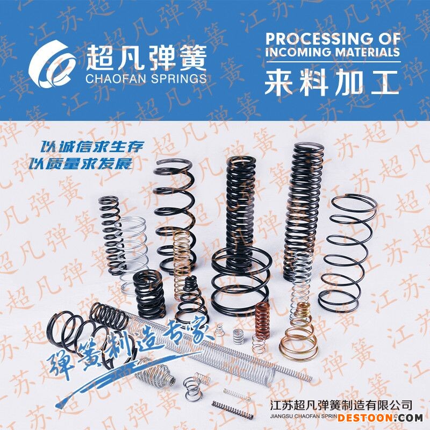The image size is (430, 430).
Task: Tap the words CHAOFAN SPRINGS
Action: tap(145, 78)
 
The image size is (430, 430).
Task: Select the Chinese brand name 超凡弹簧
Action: tap(145, 57)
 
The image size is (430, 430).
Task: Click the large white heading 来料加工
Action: tap(332, 83)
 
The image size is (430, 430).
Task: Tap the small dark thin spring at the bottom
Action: tap(231, 410)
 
